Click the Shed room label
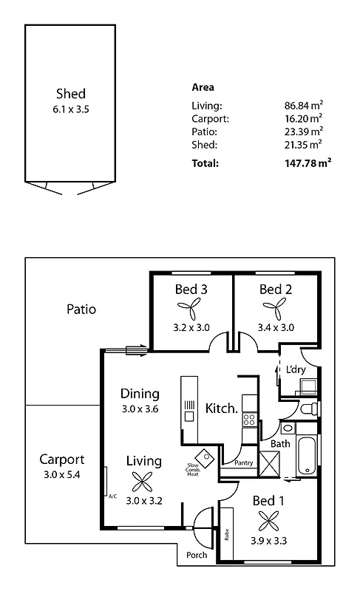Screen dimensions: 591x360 point(71,93)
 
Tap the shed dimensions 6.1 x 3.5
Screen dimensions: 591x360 point(71,109)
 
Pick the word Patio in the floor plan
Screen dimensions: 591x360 point(81,310)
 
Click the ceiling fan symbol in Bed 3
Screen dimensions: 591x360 point(191,309)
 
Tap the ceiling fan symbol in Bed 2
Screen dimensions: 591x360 point(276,309)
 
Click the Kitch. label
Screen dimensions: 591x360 point(221,408)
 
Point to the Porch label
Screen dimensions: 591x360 point(196,555)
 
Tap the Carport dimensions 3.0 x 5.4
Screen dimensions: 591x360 point(62,474)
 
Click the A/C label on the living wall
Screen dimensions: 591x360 point(112,496)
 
